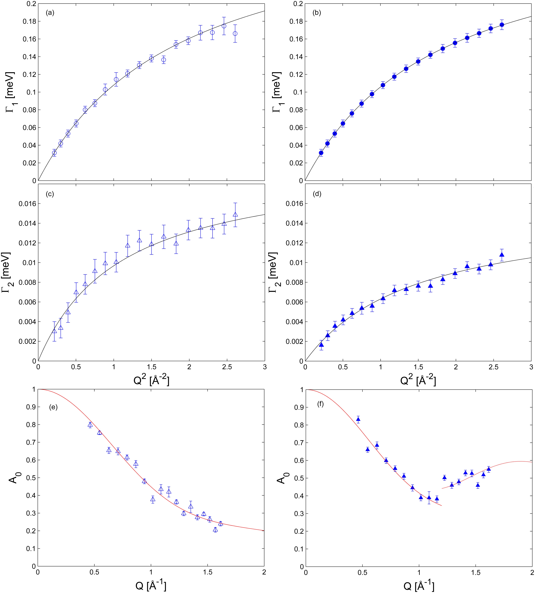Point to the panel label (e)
click(x=53, y=407)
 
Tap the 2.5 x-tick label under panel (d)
click(x=493, y=367)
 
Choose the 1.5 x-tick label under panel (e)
click(x=207, y=572)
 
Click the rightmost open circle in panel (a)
click(x=235, y=33)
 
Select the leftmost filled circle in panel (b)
click(x=321, y=153)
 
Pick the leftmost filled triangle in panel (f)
click(x=358, y=419)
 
